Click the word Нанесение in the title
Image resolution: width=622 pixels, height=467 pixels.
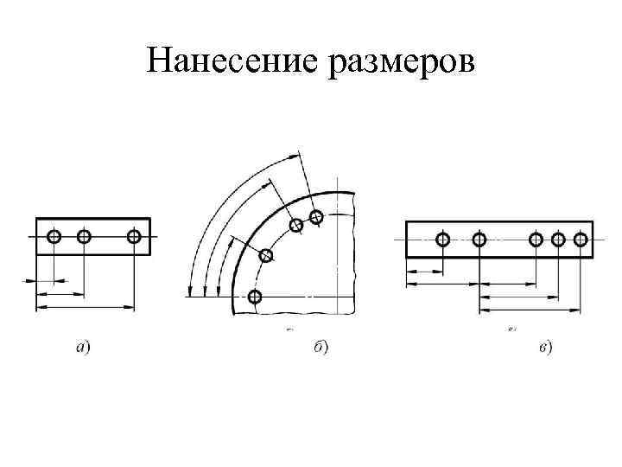(x=232, y=60)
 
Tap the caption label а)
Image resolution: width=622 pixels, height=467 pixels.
(x=85, y=348)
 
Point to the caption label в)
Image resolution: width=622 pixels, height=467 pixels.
(x=546, y=348)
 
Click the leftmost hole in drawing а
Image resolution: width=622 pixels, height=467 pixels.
(x=54, y=236)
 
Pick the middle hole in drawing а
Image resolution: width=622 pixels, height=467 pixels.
(x=84, y=236)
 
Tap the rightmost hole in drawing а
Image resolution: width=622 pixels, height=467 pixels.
(x=134, y=236)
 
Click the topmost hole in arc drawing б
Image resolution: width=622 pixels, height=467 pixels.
(x=316, y=217)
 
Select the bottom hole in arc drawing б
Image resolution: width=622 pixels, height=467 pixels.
(x=254, y=297)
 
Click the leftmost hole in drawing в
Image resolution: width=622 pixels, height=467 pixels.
(x=443, y=240)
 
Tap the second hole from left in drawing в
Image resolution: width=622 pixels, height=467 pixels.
(x=479, y=240)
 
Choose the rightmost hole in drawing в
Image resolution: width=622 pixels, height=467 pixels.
(x=581, y=240)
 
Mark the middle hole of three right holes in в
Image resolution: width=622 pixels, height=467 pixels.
(x=557, y=240)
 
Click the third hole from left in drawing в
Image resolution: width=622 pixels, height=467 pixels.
(x=536, y=240)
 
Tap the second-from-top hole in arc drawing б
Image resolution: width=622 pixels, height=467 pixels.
(x=296, y=225)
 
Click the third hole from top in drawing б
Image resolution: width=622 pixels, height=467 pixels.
(x=266, y=255)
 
